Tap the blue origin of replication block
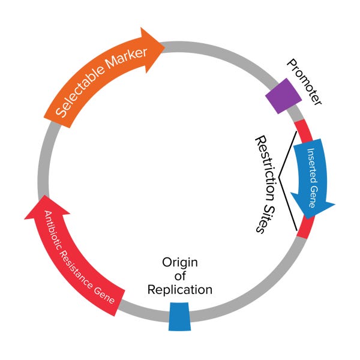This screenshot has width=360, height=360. [x=179, y=316]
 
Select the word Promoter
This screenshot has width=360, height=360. [x=304, y=82]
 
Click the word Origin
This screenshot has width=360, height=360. [x=180, y=263]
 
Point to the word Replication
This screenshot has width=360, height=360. [x=181, y=290]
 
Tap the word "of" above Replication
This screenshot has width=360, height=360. [x=180, y=277]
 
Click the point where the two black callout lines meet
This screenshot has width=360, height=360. [x=278, y=178]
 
